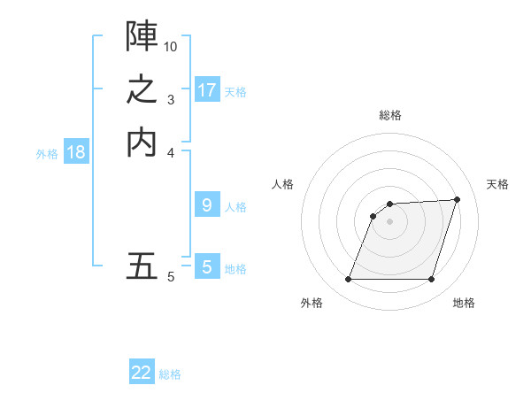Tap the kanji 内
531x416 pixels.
coord(142,142)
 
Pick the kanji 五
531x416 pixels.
coord(142,266)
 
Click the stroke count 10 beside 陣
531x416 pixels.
coord(171,46)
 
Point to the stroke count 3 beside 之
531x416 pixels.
coord(171,100)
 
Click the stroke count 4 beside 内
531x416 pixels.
coord(171,152)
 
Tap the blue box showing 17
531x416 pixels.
coord(207,90)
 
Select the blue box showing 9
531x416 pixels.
coord(207,205)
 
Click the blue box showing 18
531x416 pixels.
coord(76,152)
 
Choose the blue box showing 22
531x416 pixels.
coord(142,373)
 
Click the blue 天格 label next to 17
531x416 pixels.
coord(235,91)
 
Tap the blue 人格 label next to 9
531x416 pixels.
coord(235,207)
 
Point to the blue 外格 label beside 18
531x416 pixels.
coord(47,153)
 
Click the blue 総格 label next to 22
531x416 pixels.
coord(170,374)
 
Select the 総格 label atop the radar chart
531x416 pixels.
coord(389,116)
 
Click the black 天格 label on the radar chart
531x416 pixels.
coord(497,184)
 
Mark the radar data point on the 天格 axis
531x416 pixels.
coord(457,199)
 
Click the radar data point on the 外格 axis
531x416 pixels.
coord(348,280)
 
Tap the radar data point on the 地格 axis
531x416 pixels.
coord(431,280)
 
